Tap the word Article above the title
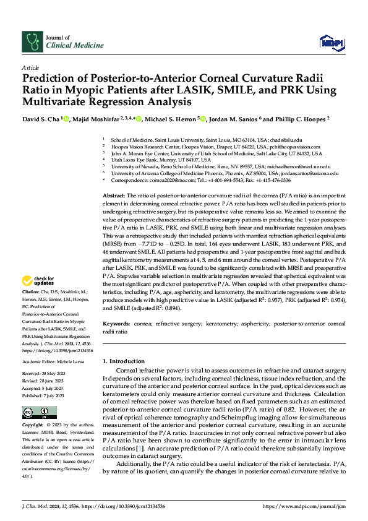[30, 67]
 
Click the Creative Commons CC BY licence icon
[32, 413]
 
